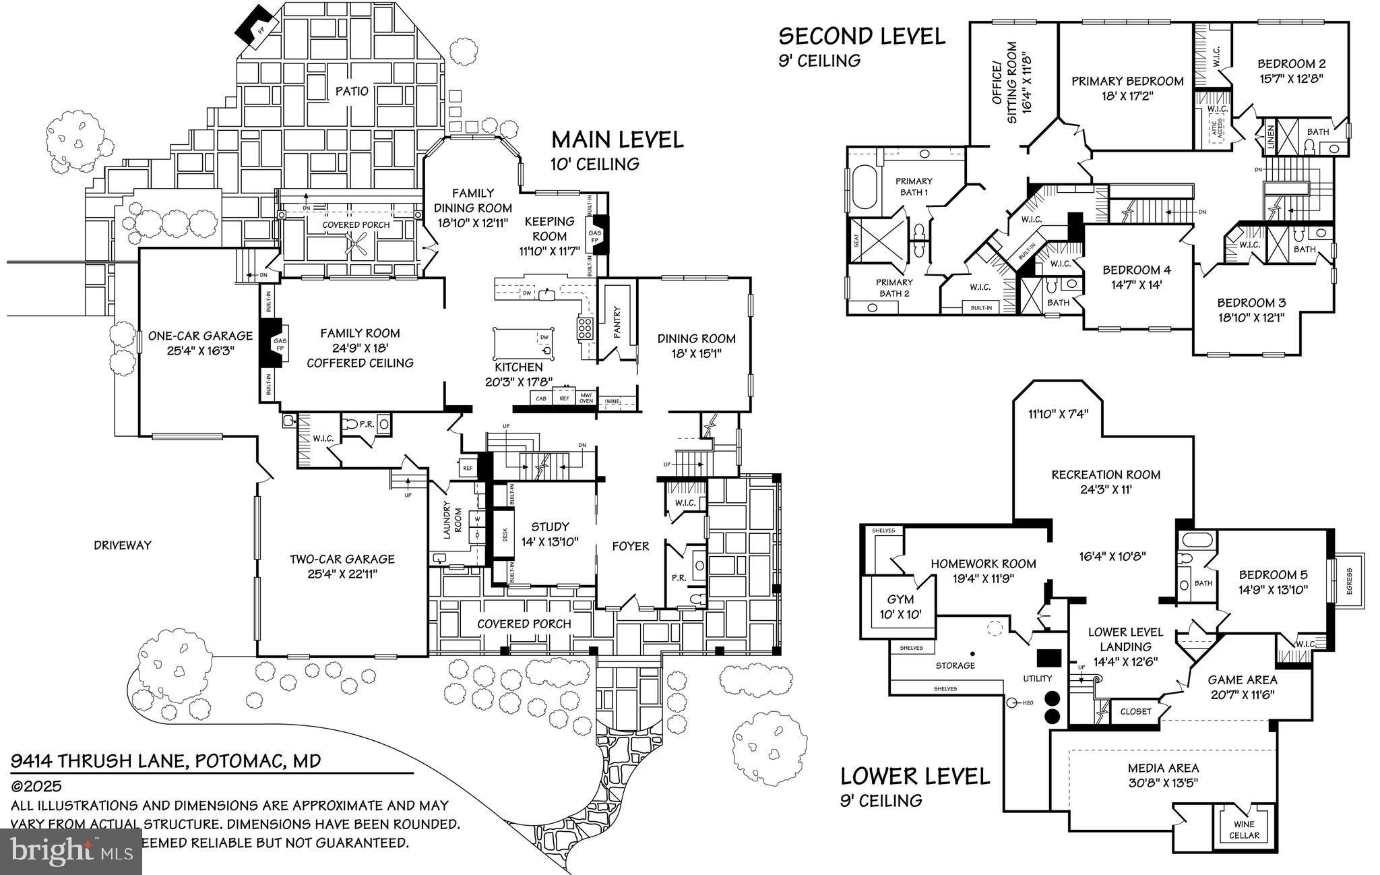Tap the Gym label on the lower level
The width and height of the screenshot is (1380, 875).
coord(900,599)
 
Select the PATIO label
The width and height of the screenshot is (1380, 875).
coord(352,91)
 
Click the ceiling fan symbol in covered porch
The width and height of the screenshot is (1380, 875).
coord(357,243)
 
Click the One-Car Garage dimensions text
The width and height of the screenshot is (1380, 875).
coord(200,351)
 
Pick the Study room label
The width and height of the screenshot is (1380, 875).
coord(550,526)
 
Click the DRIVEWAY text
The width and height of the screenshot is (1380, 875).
coord(123,545)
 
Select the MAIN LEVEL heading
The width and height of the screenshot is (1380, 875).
coord(617,140)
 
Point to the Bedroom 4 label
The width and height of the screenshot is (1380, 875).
coord(1137,270)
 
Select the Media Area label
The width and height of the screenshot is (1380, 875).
coord(1163,768)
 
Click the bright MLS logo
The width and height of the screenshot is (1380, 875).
coord(71,851)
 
